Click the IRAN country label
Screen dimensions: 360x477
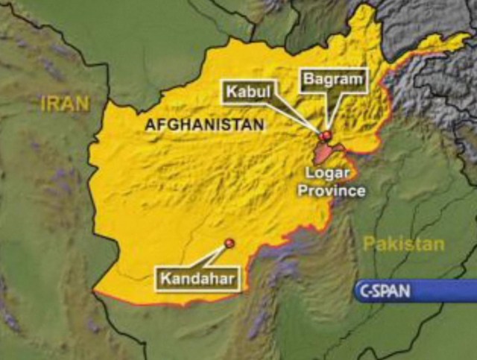(65, 104)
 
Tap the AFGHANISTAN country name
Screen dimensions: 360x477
(205, 125)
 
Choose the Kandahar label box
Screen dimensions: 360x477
(199, 280)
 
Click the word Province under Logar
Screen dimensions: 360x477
(332, 191)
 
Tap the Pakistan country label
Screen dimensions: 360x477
(404, 244)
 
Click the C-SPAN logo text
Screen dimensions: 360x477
(385, 291)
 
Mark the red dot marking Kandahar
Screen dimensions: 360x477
(229, 241)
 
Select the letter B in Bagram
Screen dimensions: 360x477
(306, 80)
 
